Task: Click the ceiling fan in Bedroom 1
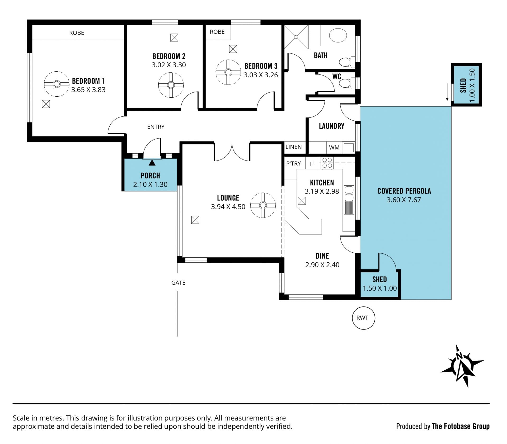click(57, 84)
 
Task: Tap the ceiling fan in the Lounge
click(263, 205)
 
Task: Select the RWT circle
click(364, 318)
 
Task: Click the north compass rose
click(462, 366)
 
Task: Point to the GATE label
click(178, 283)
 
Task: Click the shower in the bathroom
click(296, 37)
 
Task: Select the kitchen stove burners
click(327, 163)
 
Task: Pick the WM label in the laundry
click(334, 148)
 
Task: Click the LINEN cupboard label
click(293, 147)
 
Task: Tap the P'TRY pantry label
click(294, 163)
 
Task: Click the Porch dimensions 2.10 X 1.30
click(150, 184)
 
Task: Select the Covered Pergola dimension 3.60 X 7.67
click(404, 200)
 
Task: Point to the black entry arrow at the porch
click(152, 163)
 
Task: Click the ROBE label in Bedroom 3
click(217, 32)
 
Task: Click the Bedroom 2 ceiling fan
click(171, 85)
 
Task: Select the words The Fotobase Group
click(461, 426)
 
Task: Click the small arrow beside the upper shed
click(447, 92)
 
